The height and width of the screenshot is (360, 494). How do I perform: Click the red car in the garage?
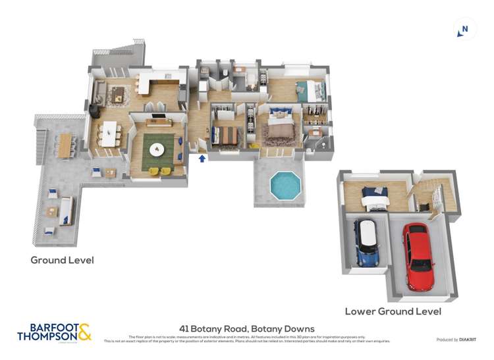coord(418,255)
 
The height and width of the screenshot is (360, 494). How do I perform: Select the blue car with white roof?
coord(366,242)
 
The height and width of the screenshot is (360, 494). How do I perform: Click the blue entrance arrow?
coord(202,158)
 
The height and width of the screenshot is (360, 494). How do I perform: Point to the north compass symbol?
coord(465,29)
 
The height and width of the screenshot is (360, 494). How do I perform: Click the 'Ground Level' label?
coord(62,260)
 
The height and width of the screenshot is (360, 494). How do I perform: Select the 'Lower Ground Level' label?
coord(393,311)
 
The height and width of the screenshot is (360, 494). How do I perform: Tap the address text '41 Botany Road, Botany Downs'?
coord(247,328)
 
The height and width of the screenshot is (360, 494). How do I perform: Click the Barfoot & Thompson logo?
coord(54,332)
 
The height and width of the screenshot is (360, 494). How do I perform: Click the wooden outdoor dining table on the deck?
coord(65,145)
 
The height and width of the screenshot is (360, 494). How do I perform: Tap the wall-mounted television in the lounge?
coord(158,116)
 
